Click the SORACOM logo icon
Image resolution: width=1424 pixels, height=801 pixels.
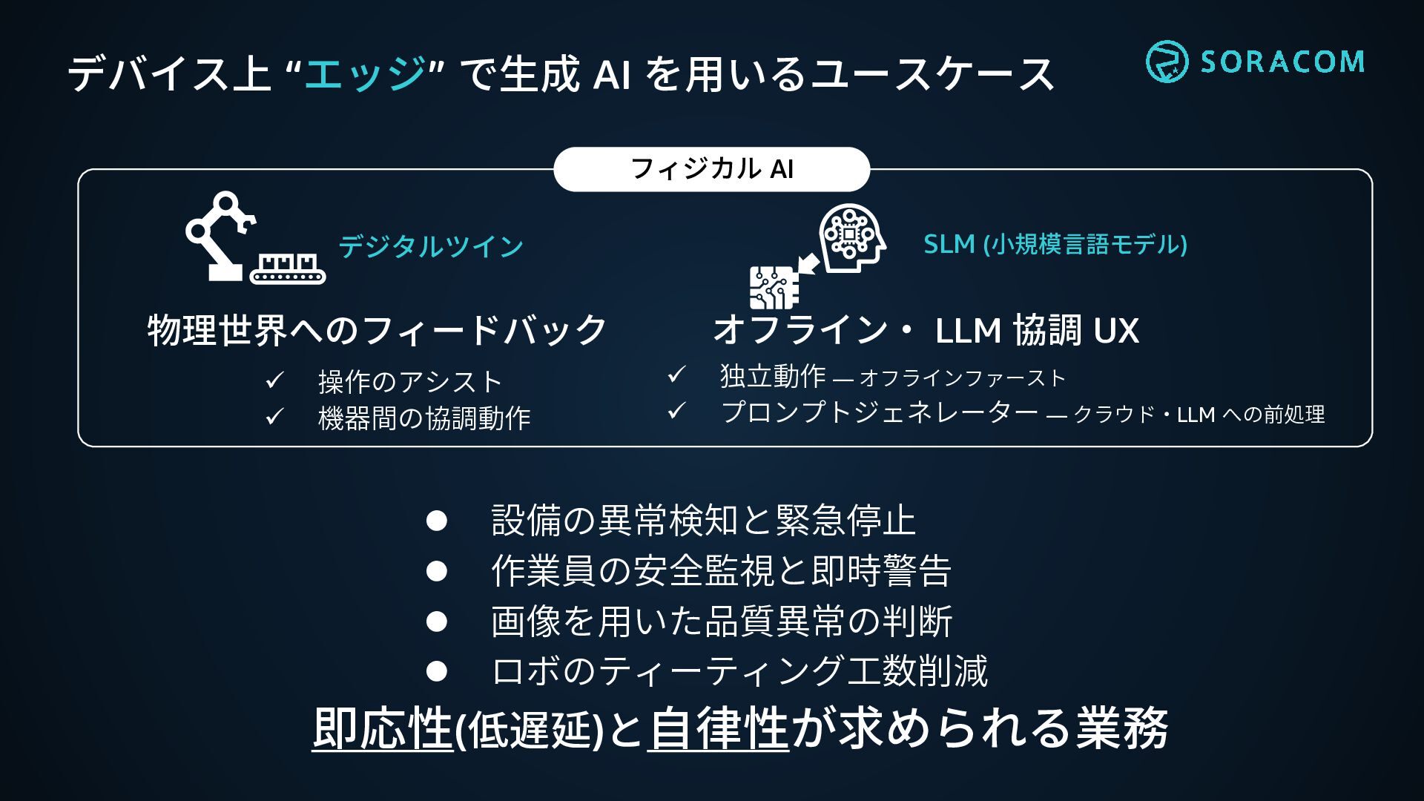point(1166,62)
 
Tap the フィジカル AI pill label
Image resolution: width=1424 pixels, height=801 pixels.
point(711,169)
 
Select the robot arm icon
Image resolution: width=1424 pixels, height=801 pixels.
point(219,234)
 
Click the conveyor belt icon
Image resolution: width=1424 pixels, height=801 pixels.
point(288,268)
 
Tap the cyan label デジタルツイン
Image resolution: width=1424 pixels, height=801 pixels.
point(431,246)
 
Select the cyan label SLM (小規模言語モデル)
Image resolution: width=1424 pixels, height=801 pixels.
point(1055,244)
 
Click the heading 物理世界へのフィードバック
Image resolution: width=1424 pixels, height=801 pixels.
point(378,330)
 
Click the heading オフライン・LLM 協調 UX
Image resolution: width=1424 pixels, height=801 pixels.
point(926,330)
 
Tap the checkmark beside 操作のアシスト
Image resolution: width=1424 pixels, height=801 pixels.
point(274,381)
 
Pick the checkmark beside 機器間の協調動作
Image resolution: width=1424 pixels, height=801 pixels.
point(274,417)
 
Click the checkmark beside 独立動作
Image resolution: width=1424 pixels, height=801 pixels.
point(676,375)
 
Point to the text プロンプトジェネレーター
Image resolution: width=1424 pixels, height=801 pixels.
point(880,412)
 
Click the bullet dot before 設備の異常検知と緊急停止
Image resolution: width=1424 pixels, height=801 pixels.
point(437,521)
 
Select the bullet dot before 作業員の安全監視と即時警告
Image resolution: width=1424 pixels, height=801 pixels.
point(437,570)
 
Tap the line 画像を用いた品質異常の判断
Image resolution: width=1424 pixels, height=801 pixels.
point(721,622)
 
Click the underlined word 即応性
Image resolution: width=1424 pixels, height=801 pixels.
point(382,728)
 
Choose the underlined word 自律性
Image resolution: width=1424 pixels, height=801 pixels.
point(718,728)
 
